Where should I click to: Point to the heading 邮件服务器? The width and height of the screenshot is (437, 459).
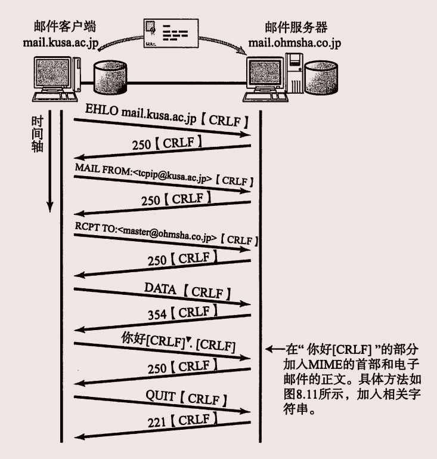coord(296,27)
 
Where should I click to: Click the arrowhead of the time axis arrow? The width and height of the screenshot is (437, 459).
coord(49,207)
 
